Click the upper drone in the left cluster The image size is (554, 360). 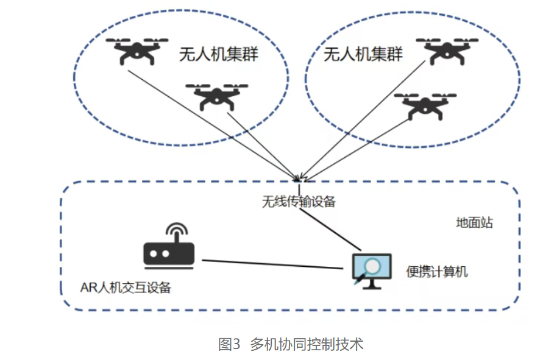point(137,51)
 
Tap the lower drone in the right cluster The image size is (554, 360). point(425,105)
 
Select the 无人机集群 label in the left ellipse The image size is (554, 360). point(218,55)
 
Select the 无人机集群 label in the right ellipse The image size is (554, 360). point(363,55)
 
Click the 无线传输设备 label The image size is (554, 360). point(299,202)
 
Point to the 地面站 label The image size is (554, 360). point(474,223)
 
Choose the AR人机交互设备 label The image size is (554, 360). point(126,287)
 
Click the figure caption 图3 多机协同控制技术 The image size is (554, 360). point(291,344)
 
